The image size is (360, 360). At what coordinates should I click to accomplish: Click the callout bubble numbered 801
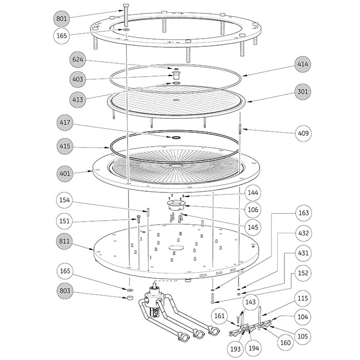tap(62, 19)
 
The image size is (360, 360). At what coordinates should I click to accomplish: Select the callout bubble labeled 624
tap(78, 60)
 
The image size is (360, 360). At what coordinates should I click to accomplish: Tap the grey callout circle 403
tap(78, 79)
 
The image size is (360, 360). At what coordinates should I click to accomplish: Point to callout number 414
tap(303, 64)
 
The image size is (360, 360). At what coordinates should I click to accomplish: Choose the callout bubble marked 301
tap(303, 92)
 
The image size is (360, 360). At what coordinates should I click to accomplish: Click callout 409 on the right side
tap(303, 133)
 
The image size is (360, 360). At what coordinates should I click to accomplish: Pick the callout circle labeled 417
tap(65, 122)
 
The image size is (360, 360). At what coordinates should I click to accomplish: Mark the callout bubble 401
tap(65, 173)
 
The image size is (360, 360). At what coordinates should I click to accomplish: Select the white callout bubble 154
tap(64, 200)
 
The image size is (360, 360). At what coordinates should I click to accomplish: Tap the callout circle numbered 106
tap(253, 210)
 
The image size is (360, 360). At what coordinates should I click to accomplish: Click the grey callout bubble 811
tap(64, 241)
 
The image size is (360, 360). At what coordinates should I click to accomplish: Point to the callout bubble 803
tap(65, 291)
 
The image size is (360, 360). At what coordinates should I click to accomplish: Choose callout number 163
tap(303, 213)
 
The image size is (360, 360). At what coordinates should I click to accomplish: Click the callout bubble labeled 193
tap(236, 349)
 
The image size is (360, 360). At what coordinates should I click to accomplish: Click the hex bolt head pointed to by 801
tap(126, 6)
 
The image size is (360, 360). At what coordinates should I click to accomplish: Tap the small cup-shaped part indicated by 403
tap(176, 75)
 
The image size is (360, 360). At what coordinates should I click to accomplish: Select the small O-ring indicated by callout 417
tap(176, 137)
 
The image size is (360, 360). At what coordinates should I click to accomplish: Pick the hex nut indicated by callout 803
tap(130, 297)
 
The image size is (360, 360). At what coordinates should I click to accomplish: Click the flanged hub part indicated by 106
tap(176, 205)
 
